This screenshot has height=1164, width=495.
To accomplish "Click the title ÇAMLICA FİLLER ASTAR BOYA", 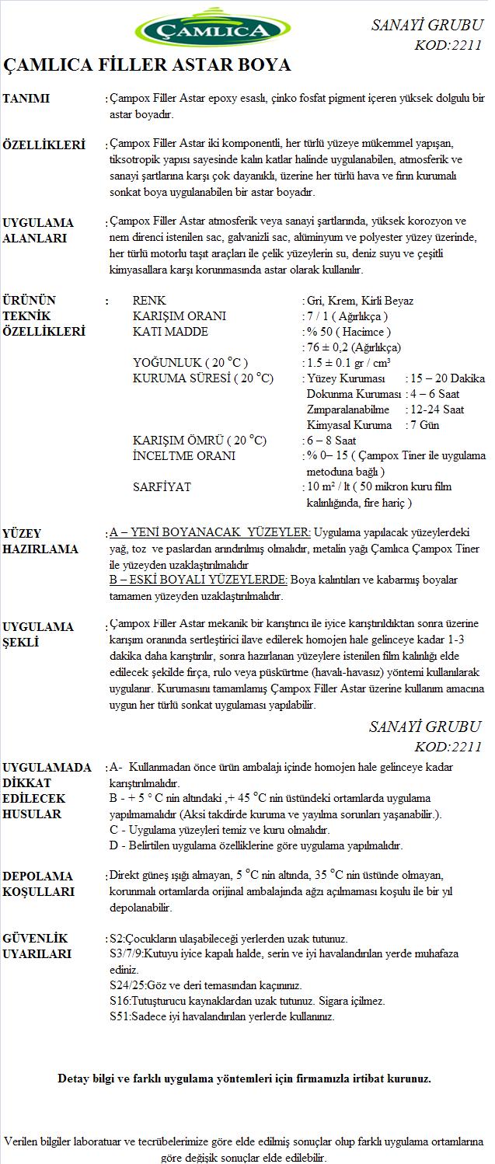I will pos(148,64).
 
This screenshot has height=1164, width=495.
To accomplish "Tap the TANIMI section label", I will pos(26,99).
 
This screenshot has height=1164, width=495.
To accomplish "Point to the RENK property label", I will pos(149,301).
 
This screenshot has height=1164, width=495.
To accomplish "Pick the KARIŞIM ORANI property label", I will pos(180,316).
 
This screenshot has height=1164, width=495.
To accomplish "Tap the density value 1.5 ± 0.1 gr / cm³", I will pos(348,363).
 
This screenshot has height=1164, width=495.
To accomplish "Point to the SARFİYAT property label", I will pos(162,487).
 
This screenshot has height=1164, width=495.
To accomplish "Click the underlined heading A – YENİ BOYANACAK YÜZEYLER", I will pos(210,533).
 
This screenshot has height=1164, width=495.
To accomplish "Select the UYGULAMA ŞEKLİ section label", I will pos(38,634).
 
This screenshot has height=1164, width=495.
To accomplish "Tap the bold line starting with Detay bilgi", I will pos(244,1079).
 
